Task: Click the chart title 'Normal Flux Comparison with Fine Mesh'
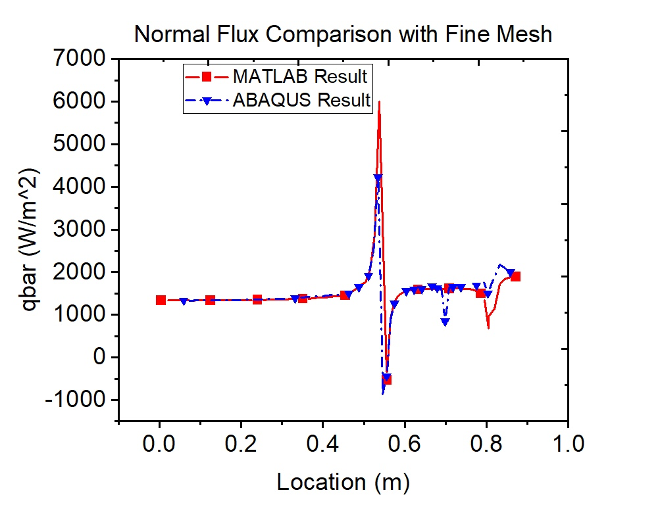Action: [x=343, y=34]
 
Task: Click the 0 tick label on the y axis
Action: [x=98, y=358]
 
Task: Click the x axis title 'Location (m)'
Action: [x=343, y=483]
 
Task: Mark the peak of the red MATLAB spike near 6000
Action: [x=379, y=102]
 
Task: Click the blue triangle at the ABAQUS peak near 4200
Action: [x=378, y=178]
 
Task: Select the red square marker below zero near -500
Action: [x=387, y=379]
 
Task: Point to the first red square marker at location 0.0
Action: [x=161, y=300]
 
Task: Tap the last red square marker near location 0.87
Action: [x=516, y=277]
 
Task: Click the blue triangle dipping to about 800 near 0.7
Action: [x=445, y=322]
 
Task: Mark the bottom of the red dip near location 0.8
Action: [x=488, y=327]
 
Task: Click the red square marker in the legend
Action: [x=205, y=77]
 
